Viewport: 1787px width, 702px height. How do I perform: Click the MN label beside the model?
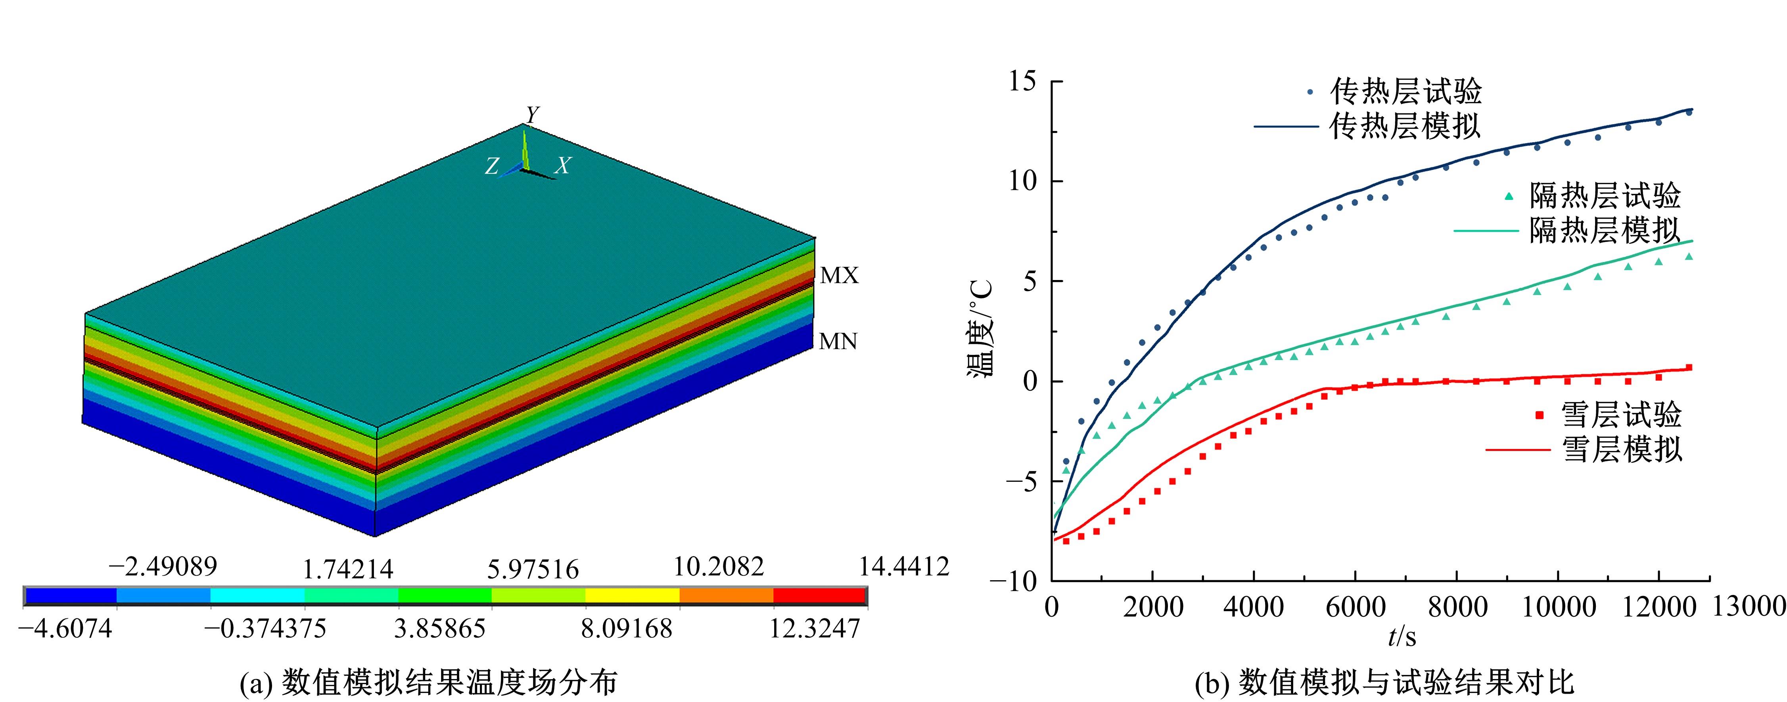(x=838, y=341)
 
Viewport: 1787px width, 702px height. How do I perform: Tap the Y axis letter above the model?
(x=532, y=115)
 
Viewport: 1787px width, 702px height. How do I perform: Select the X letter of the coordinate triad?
(x=563, y=166)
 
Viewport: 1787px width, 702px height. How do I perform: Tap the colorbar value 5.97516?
(x=532, y=570)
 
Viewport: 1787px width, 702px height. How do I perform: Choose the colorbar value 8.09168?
(x=627, y=629)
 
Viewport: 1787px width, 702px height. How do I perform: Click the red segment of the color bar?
(x=819, y=595)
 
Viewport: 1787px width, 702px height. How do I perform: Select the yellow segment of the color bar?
(x=632, y=595)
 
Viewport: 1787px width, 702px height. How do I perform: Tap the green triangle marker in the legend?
(x=1507, y=196)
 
